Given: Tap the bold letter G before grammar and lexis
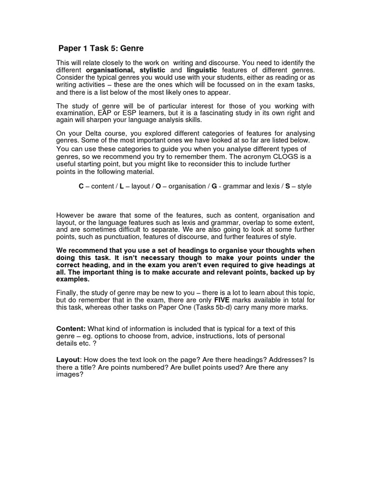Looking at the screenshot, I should [x=214, y=186].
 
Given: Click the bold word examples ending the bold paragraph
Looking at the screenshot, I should [x=72, y=279].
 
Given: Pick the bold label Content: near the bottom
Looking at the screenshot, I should [x=71, y=329].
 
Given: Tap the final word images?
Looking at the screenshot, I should [x=71, y=375].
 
